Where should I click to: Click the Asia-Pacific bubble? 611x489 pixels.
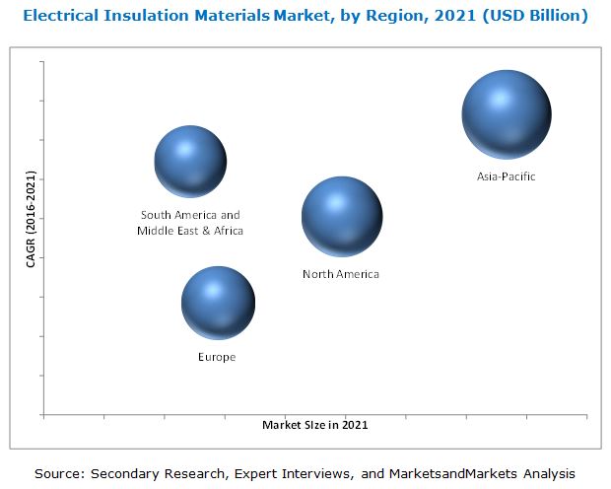(x=506, y=114)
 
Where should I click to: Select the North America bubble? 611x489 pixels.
(x=341, y=216)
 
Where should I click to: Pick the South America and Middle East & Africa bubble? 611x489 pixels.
(x=190, y=161)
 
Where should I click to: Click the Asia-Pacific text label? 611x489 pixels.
(x=506, y=176)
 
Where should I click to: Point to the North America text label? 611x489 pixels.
(x=340, y=274)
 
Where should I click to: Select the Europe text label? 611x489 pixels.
(x=217, y=357)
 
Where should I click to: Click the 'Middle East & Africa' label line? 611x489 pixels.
(x=190, y=231)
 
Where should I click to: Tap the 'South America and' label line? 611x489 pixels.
(x=190, y=215)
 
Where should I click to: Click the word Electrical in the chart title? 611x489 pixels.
(x=65, y=16)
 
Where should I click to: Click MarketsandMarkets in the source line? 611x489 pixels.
(x=456, y=474)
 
